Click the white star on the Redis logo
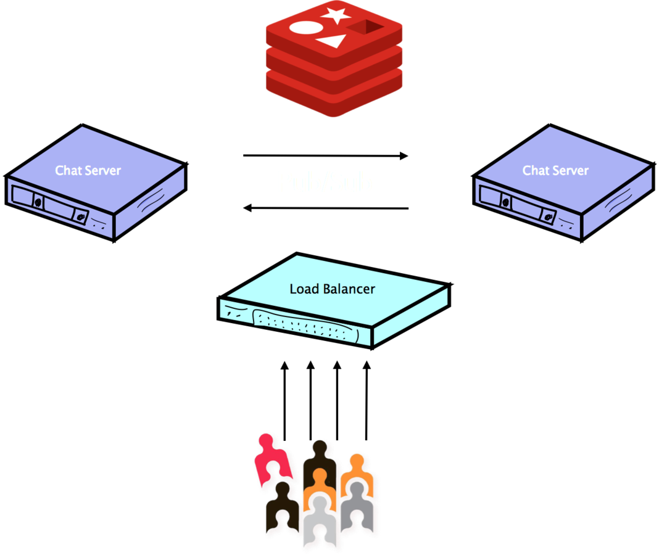pyautogui.click(x=337, y=15)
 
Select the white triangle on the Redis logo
pyautogui.click(x=331, y=42)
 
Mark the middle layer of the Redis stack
pyautogui.click(x=334, y=73)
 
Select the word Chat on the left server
pyautogui.click(x=67, y=171)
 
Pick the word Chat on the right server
pyautogui.click(x=535, y=171)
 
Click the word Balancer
pyautogui.click(x=349, y=289)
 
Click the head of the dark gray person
pyautogui.click(x=355, y=490)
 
